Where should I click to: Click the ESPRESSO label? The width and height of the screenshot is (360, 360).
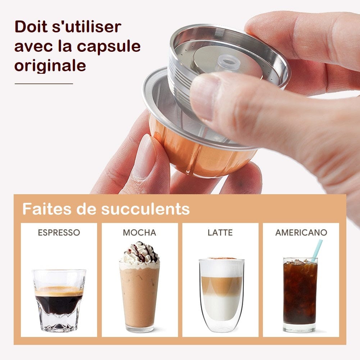coord(59,233)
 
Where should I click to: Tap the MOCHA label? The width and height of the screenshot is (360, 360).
coord(140,233)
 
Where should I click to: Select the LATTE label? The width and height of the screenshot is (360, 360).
coord(220,233)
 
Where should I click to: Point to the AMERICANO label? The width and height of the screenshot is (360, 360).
coord(301,233)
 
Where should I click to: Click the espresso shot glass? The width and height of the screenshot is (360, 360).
coord(59,300)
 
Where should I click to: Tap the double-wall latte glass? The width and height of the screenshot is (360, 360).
coord(222,295)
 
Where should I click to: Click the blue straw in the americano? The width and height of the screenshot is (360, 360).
coord(317,250)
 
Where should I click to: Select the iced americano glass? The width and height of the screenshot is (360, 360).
coord(300,295)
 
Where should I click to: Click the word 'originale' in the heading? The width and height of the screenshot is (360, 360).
coord(50,66)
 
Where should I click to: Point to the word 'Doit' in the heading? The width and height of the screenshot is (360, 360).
coord(32,27)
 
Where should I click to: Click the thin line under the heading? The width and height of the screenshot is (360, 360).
coord(44,84)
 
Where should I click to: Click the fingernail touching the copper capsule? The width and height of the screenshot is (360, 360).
coord(145,156)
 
